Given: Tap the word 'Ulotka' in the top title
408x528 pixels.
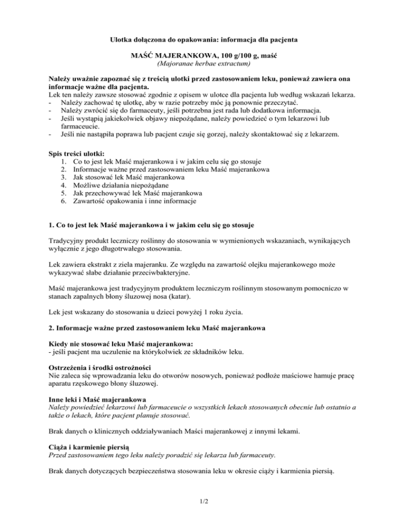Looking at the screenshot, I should coord(122,39).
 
